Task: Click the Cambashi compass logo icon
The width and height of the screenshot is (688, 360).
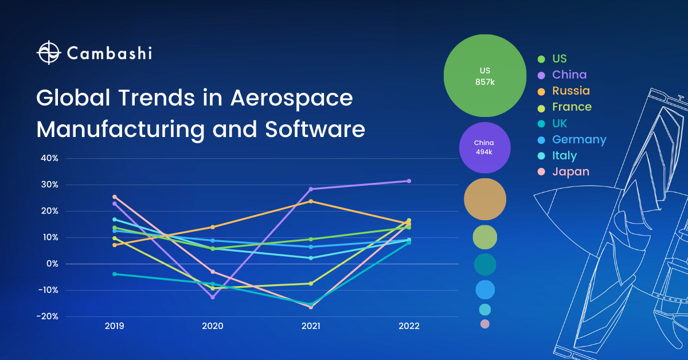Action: (x=49, y=53)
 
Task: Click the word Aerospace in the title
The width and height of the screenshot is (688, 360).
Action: (x=291, y=97)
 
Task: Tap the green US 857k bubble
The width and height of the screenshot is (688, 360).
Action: (x=484, y=76)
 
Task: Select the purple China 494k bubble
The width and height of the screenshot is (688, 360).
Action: (x=484, y=147)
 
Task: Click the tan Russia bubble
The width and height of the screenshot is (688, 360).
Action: (x=484, y=199)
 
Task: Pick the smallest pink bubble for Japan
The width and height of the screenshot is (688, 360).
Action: (x=484, y=324)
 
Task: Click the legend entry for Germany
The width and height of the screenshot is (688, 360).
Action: (x=578, y=139)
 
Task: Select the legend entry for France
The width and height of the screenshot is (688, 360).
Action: (x=571, y=107)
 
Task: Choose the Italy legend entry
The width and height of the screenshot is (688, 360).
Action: (x=564, y=155)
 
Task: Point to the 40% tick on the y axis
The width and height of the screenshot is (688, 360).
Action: (x=49, y=158)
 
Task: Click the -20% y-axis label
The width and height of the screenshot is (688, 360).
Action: (x=48, y=316)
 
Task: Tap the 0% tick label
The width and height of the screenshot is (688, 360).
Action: (x=52, y=264)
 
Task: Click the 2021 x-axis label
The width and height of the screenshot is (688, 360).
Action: (x=311, y=326)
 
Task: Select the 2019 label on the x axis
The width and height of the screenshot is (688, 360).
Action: (x=115, y=326)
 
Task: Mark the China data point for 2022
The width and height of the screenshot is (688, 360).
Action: (x=409, y=181)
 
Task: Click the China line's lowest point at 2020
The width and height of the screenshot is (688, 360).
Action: (x=213, y=297)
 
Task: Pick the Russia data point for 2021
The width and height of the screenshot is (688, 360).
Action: (x=311, y=201)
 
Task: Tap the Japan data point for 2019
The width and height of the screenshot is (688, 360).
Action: (x=115, y=197)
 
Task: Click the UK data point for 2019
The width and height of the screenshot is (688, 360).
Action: (x=115, y=274)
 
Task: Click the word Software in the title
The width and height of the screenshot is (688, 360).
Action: (x=315, y=129)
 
